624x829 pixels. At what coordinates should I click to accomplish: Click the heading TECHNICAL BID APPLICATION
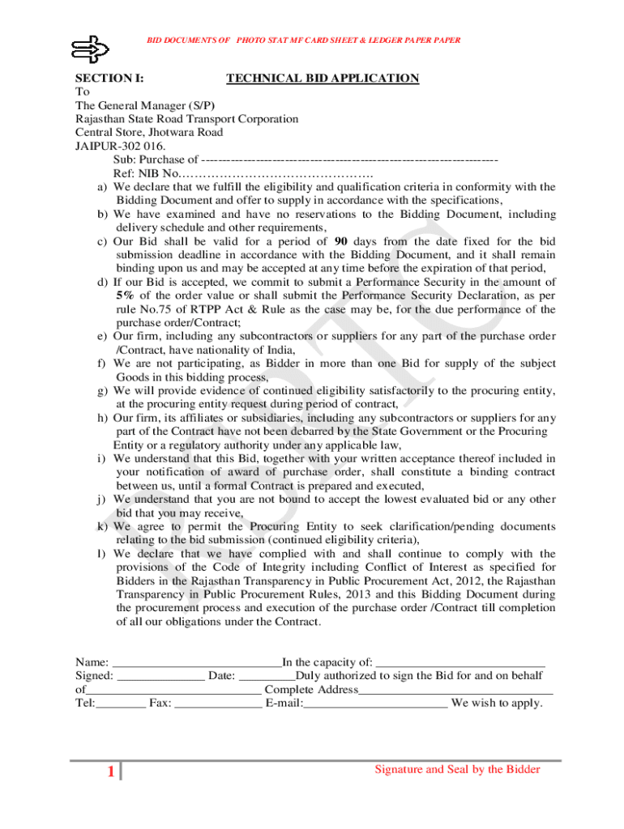[323, 79]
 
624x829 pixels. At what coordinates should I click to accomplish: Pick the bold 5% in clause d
[124, 295]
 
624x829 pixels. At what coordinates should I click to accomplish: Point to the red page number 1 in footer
[110, 772]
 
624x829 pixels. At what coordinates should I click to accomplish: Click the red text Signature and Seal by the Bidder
[457, 769]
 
